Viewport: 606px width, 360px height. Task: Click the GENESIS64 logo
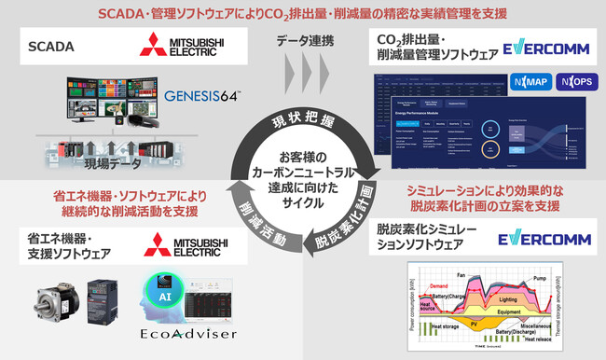point(202,96)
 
